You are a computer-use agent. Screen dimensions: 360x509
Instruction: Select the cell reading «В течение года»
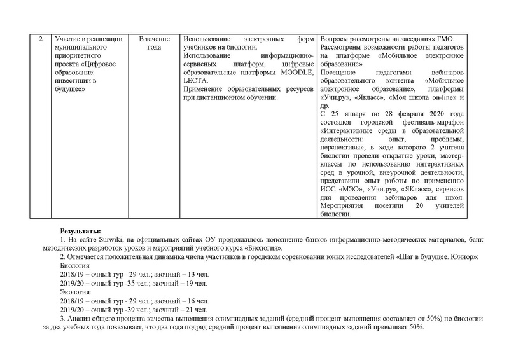(x=153, y=43)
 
